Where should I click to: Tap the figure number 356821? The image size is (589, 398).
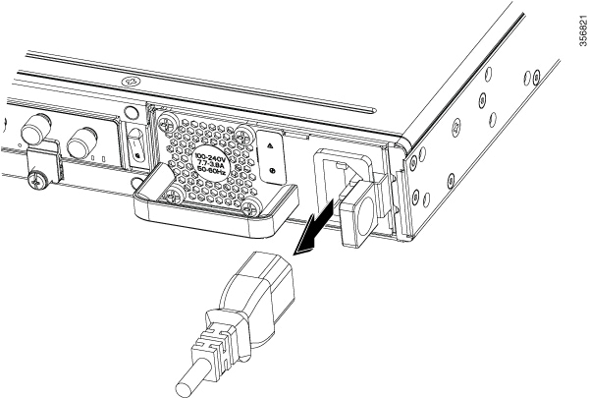pyautogui.click(x=583, y=30)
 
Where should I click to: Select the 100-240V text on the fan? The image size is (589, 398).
pyautogui.click(x=208, y=155)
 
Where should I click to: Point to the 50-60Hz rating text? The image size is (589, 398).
pyautogui.click(x=210, y=169)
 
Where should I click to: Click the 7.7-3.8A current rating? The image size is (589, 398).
pyautogui.click(x=209, y=162)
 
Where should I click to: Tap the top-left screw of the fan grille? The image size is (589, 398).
pyautogui.click(x=166, y=122)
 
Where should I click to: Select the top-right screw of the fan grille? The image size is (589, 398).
pyautogui.click(x=246, y=134)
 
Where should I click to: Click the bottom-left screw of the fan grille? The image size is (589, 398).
pyautogui.click(x=174, y=196)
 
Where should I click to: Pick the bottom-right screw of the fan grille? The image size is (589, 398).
pyautogui.click(x=249, y=207)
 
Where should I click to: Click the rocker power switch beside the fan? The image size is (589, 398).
pyautogui.click(x=136, y=146)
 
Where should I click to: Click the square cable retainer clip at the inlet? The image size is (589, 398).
pyautogui.click(x=357, y=216)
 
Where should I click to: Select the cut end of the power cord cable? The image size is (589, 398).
pyautogui.click(x=186, y=384)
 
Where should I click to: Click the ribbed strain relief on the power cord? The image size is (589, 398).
pyautogui.click(x=213, y=343)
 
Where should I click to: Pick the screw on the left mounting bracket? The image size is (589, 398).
pyautogui.click(x=35, y=183)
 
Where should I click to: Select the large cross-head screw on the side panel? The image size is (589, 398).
pyautogui.click(x=456, y=126)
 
